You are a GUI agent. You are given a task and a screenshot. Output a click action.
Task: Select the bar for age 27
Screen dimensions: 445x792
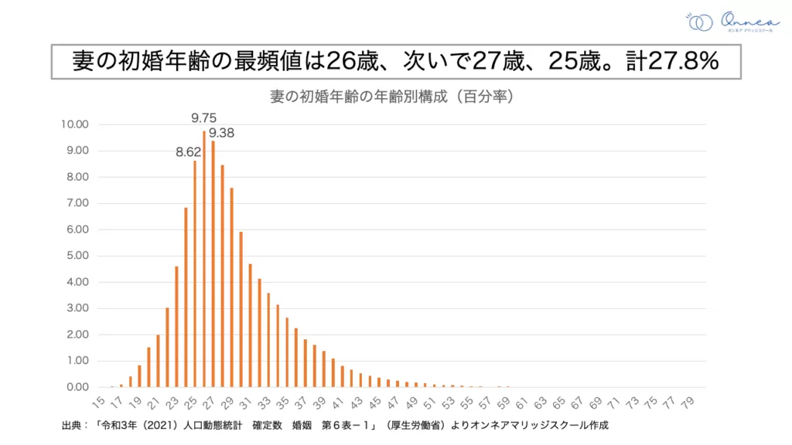click(213, 263)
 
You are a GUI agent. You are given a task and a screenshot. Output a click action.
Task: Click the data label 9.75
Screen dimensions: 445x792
click(204, 118)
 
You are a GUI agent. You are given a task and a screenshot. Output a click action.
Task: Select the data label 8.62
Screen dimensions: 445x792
click(188, 151)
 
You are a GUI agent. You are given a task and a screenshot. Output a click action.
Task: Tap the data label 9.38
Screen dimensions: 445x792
click(221, 133)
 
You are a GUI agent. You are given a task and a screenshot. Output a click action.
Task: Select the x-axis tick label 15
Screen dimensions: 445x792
click(98, 403)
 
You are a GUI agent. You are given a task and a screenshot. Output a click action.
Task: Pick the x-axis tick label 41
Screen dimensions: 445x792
click(337, 403)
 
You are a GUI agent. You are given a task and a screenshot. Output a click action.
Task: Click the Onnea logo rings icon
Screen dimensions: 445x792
click(700, 22)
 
